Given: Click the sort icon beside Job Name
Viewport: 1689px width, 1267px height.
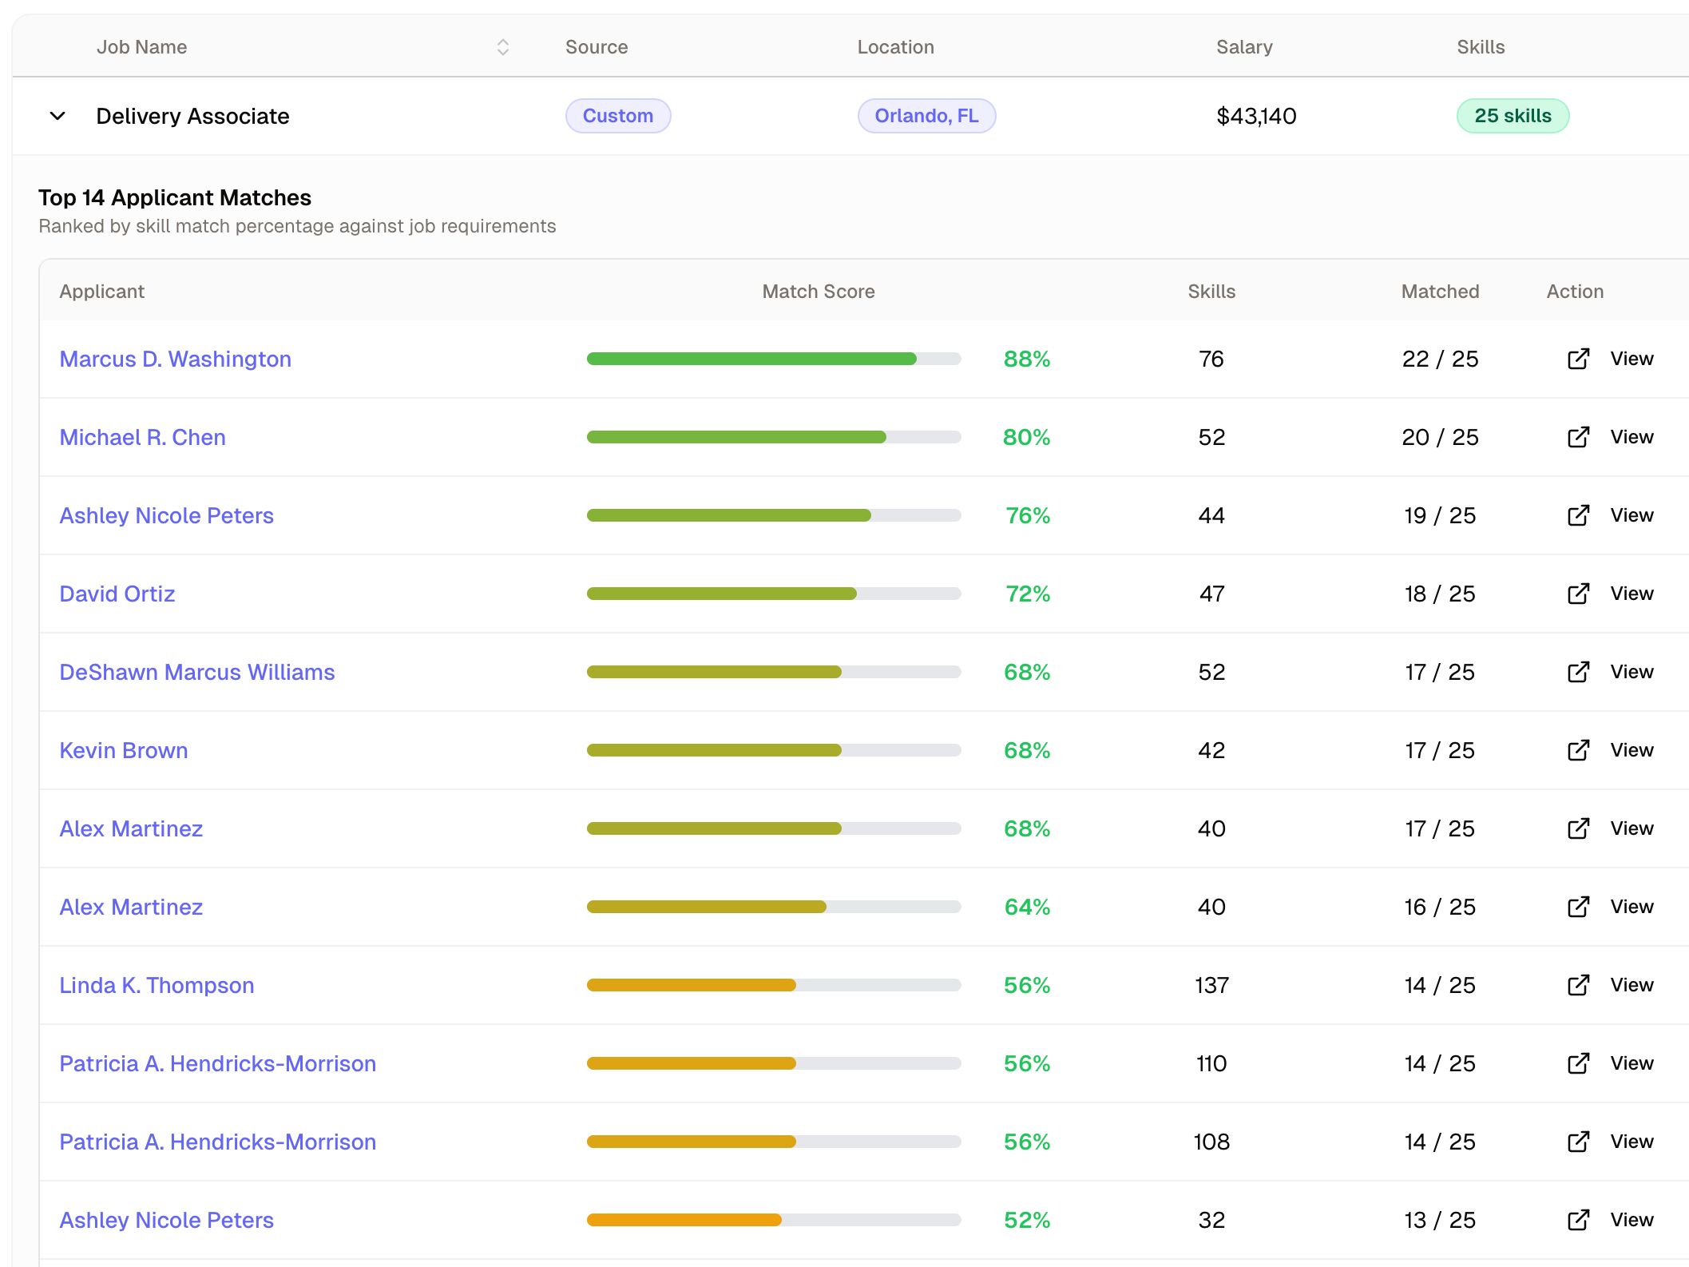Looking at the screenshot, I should [x=502, y=47].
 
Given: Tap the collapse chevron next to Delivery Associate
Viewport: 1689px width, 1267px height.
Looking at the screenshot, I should [x=57, y=116].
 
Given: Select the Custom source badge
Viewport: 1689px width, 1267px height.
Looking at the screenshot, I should [x=617, y=116].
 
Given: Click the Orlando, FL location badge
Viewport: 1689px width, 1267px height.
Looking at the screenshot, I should [x=926, y=116].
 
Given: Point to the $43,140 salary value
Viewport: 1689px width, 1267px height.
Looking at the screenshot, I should [x=1255, y=116].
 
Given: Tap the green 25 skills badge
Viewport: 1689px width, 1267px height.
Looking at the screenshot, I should [x=1513, y=116].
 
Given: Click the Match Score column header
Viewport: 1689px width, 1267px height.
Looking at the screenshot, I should [x=818, y=292].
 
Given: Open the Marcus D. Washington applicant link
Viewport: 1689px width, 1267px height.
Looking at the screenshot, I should [x=175, y=359].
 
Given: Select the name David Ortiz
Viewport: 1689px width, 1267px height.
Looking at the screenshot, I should [x=117, y=594].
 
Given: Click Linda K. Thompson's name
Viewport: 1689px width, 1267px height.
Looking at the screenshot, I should [x=157, y=985].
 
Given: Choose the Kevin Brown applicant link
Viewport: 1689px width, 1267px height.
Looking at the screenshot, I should [x=124, y=750].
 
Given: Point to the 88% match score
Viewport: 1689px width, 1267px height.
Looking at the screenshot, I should [x=1026, y=359].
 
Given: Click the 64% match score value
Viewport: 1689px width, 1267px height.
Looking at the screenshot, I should [x=1026, y=907].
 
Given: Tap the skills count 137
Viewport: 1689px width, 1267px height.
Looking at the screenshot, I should [x=1211, y=985].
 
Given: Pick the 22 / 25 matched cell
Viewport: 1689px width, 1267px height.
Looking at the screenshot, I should [x=1440, y=359].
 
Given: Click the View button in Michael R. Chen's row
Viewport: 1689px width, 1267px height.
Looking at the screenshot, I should [x=1631, y=437].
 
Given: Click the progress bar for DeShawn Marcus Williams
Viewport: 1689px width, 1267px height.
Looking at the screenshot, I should [x=773, y=672].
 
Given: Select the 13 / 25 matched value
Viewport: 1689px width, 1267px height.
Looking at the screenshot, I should [x=1439, y=1220].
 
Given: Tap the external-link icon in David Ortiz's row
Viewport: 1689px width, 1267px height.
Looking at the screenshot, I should [x=1578, y=594].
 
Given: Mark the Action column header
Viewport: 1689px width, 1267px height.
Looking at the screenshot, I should [x=1575, y=292].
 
